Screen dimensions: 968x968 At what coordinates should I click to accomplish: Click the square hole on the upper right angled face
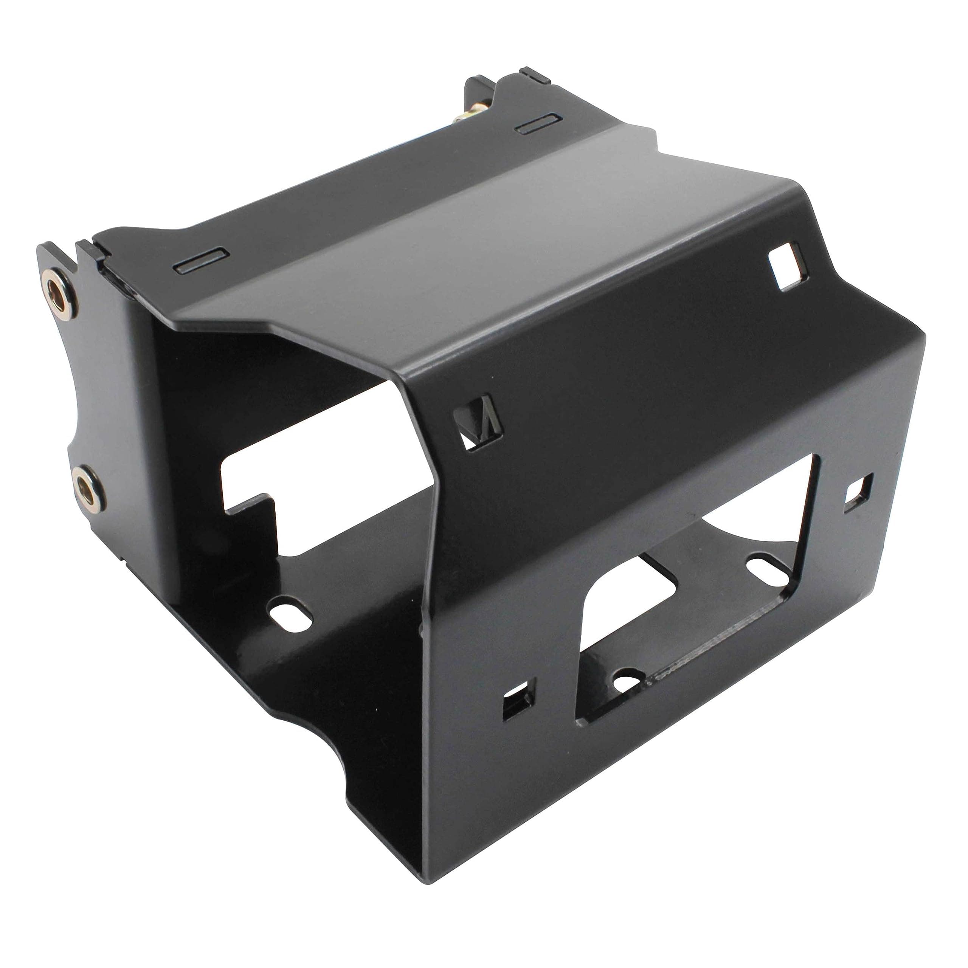[x=788, y=265]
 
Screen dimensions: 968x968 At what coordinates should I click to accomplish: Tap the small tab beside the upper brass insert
[x=90, y=251]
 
